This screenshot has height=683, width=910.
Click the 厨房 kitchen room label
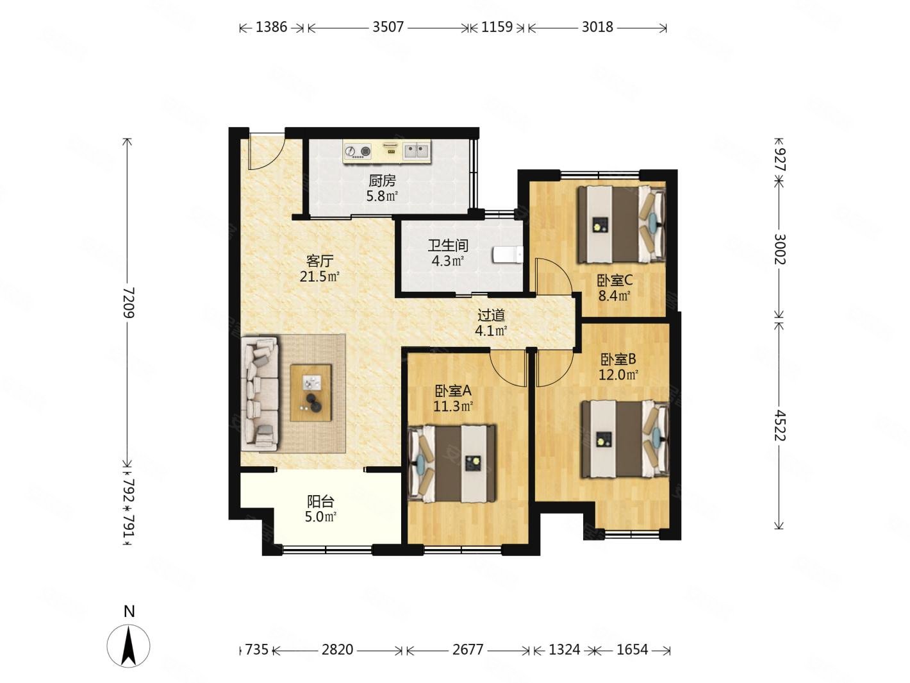click(382, 181)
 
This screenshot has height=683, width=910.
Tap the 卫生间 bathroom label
click(448, 246)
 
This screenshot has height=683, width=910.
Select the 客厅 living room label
click(320, 261)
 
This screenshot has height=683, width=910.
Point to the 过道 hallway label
click(491, 316)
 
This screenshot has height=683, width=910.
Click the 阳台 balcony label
click(320, 502)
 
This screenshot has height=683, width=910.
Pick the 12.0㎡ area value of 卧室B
click(618, 375)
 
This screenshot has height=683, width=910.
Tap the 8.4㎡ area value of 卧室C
click(615, 296)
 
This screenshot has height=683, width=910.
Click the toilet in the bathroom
click(508, 254)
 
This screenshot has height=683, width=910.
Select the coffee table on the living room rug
click(311, 392)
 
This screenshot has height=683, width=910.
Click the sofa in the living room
click(260, 394)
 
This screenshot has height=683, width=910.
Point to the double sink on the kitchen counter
click(417, 151)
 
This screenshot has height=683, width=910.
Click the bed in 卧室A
click(452, 463)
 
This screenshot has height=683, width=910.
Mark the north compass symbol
click(129, 646)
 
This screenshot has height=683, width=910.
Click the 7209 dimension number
click(129, 302)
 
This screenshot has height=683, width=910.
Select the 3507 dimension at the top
click(388, 28)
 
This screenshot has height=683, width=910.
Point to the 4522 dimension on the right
click(779, 425)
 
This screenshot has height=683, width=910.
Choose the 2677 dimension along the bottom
click(468, 649)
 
